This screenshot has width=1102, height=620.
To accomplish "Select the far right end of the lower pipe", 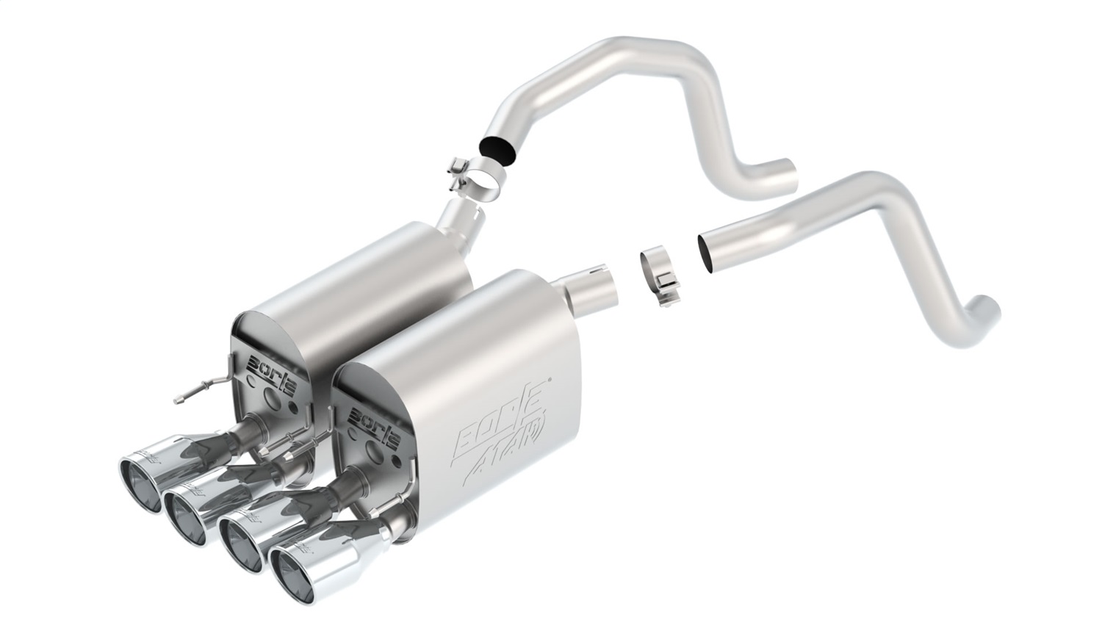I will click(985, 304).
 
